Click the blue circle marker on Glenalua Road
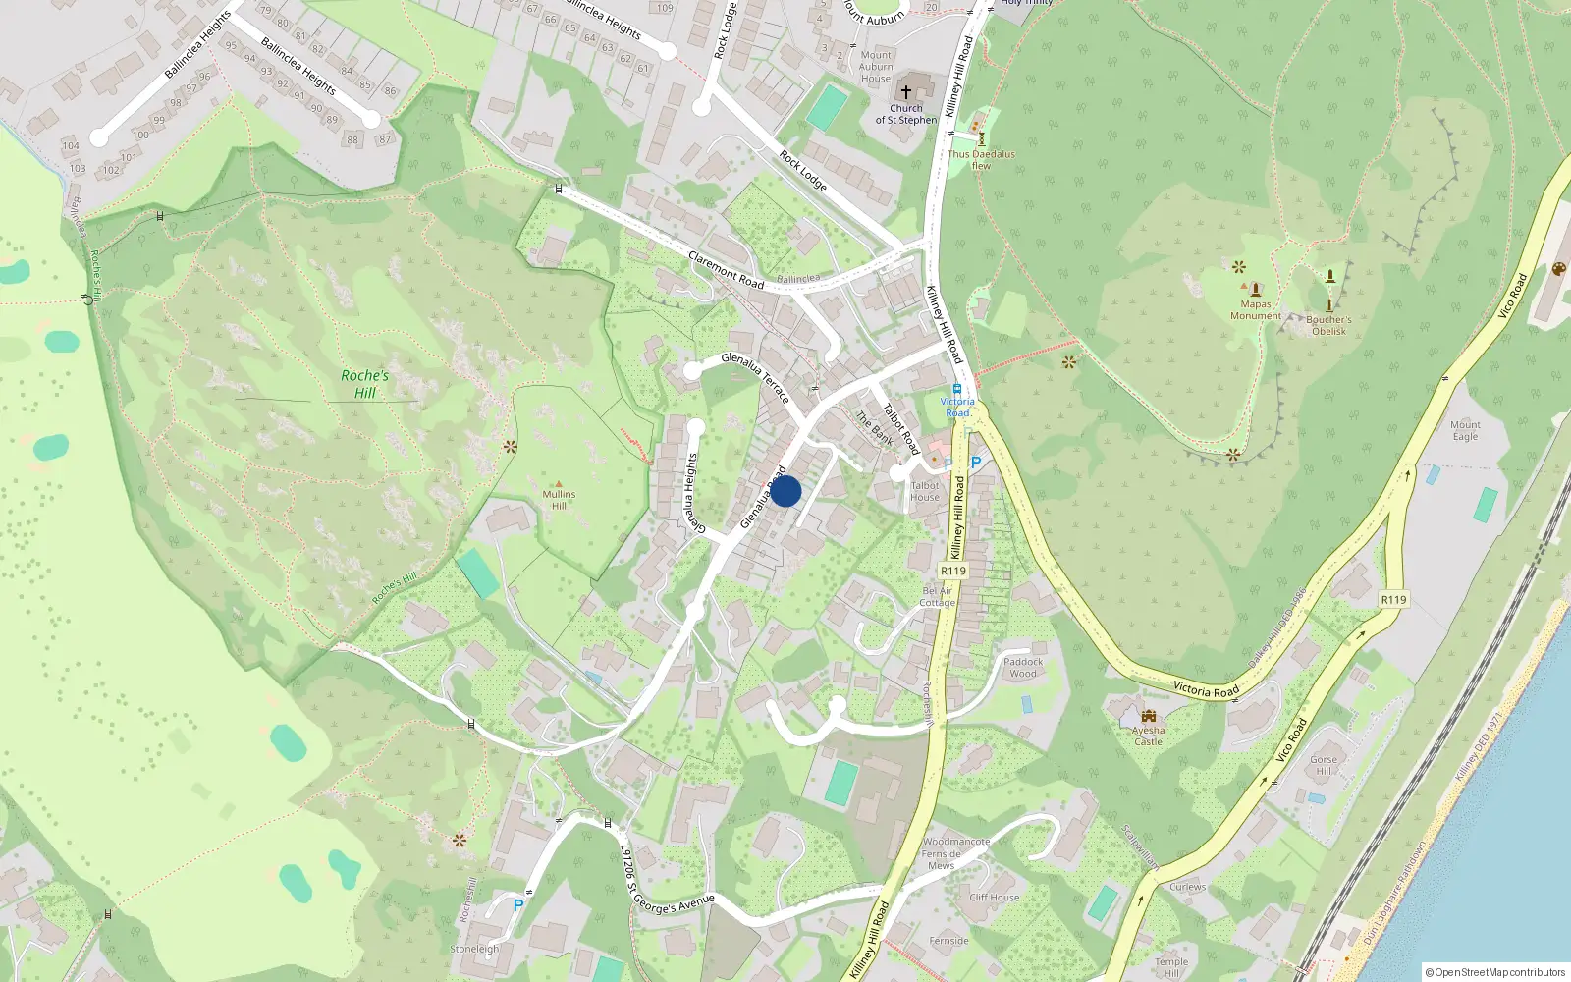click(785, 491)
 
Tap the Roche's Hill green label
click(364, 384)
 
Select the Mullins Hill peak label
click(559, 499)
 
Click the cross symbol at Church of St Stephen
click(905, 91)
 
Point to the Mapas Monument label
click(1256, 310)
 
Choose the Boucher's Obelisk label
click(1328, 325)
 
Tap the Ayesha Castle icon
click(1149, 716)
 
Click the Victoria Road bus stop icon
click(957, 389)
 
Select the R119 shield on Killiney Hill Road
click(952, 571)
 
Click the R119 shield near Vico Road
click(1393, 600)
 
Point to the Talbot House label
click(925, 491)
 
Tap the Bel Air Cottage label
click(938, 597)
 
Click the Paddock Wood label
click(1023, 668)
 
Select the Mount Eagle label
click(1465, 430)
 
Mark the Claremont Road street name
click(726, 270)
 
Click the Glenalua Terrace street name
click(755, 378)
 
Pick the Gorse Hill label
click(1324, 765)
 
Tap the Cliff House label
click(995, 897)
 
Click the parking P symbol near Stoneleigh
click(518, 904)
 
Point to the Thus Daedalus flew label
click(981, 160)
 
